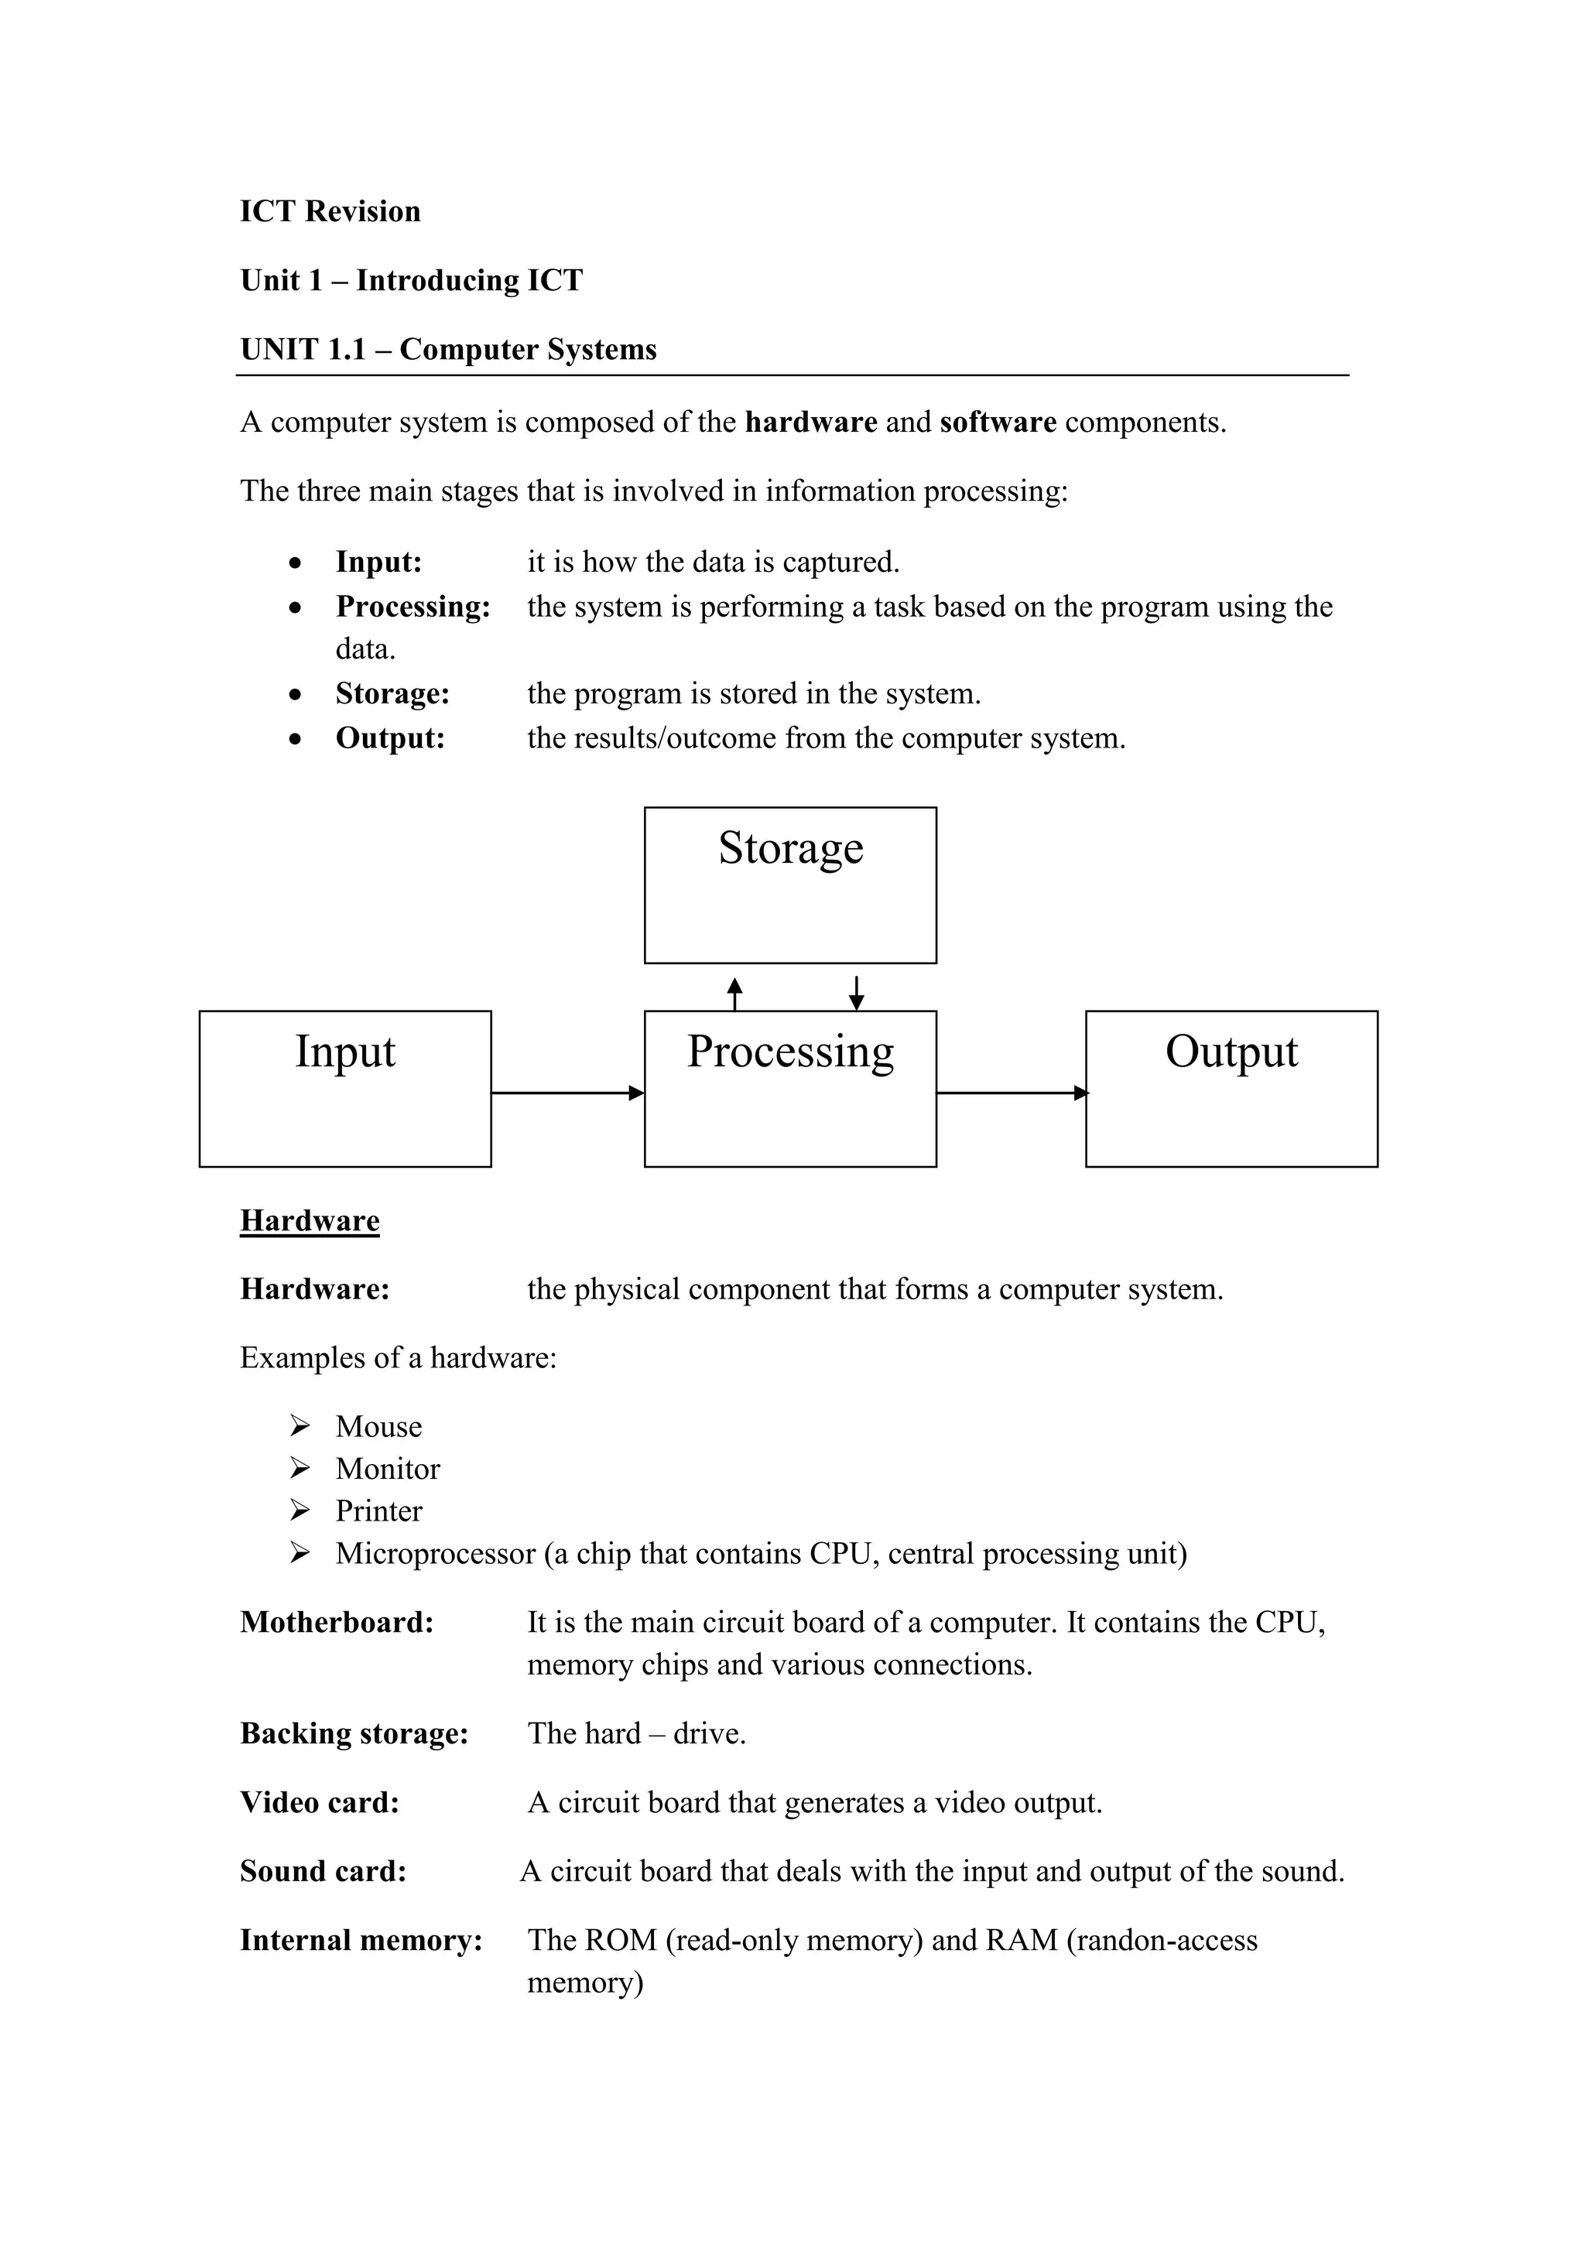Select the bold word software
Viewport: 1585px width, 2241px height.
[998, 422]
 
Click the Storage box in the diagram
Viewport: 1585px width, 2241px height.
[789, 884]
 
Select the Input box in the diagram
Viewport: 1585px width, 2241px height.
[344, 1087]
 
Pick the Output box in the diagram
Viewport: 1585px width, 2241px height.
[1231, 1087]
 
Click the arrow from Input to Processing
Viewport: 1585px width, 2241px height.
[566, 1093]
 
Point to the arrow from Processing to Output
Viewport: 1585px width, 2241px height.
[1011, 1093]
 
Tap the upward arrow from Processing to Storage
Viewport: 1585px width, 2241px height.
[735, 994]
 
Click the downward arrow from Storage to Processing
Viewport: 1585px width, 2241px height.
[856, 994]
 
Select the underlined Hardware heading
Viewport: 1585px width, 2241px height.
[310, 1220]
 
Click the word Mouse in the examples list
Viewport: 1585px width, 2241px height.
[378, 1426]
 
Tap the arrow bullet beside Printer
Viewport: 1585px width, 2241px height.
[300, 1510]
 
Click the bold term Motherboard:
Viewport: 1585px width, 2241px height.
[337, 1621]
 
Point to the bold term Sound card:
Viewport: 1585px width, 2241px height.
[323, 1870]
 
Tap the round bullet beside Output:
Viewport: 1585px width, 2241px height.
[296, 739]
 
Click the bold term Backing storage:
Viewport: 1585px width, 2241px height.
[354, 1733]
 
